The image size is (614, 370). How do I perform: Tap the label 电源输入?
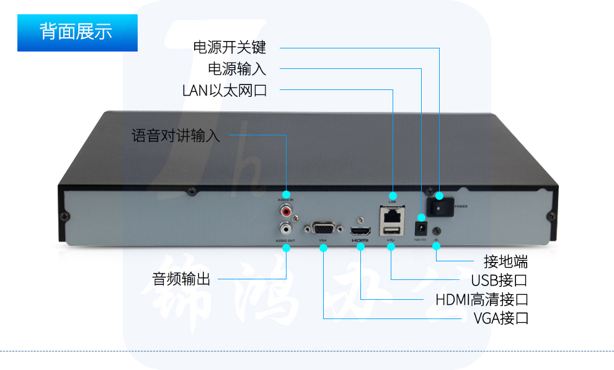click(237, 68)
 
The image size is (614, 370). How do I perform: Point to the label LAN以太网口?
click(225, 90)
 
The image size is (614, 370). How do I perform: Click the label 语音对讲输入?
click(176, 135)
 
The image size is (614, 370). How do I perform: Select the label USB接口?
click(499, 280)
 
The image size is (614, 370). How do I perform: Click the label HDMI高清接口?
click(482, 300)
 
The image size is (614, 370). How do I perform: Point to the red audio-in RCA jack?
click(286, 211)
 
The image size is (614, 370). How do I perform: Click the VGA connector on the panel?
click(323, 228)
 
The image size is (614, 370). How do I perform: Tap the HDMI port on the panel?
click(360, 230)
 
